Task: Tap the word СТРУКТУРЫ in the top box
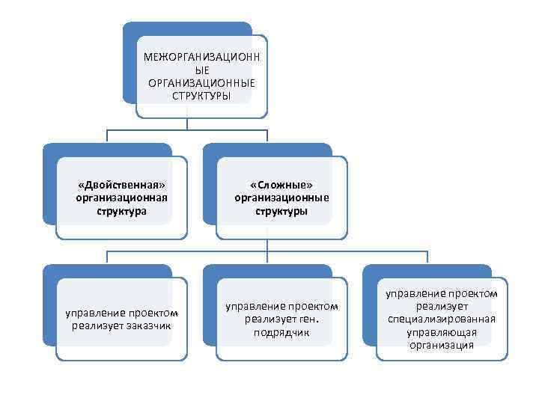point(201,96)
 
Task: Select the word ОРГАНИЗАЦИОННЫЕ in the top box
point(201,83)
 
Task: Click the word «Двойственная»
point(121,185)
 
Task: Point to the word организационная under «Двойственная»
point(121,198)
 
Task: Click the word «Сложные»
point(281,185)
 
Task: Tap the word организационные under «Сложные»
point(281,198)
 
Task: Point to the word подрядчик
point(281,332)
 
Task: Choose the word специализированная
point(442,319)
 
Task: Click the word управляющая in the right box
point(442,332)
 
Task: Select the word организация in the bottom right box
point(442,345)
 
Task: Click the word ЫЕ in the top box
point(201,70)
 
